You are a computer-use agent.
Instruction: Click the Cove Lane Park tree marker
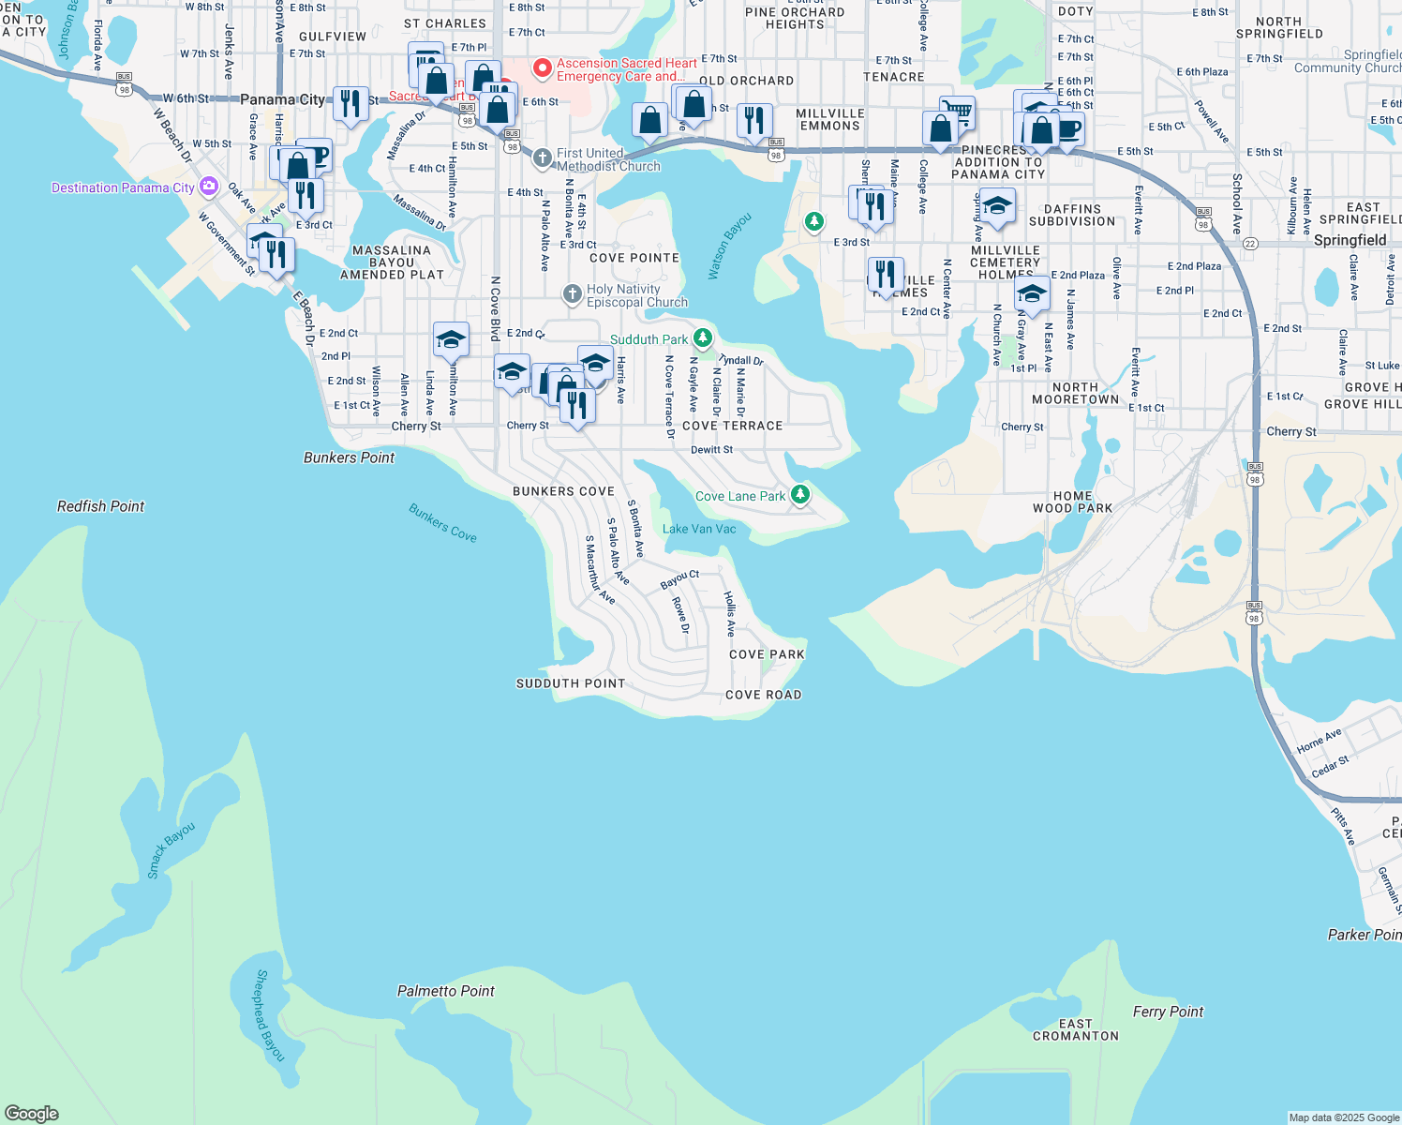point(799,494)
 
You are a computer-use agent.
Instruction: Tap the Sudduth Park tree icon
point(702,337)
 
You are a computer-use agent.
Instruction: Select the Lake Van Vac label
point(699,529)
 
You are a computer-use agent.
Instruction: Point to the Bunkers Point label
point(349,457)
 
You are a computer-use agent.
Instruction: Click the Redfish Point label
point(100,506)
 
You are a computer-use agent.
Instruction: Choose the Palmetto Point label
point(445,991)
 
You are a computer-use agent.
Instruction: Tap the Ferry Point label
point(1168,1012)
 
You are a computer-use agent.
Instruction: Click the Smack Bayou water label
point(171,850)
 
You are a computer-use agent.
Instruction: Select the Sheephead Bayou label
point(269,1015)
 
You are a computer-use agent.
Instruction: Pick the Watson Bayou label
point(730,247)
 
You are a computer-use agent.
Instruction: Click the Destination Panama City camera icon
point(208,187)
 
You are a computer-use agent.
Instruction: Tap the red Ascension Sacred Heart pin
point(542,68)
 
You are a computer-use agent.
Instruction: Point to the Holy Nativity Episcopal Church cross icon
point(572,294)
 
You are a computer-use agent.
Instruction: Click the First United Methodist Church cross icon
point(542,158)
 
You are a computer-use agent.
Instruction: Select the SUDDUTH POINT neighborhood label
point(570,683)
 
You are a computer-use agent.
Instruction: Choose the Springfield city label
point(1350,240)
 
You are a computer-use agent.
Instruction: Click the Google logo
point(31,1113)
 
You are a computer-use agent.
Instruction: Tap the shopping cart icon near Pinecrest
point(958,112)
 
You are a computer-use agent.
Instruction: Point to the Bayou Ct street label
point(679,580)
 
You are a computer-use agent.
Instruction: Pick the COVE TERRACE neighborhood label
point(732,426)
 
